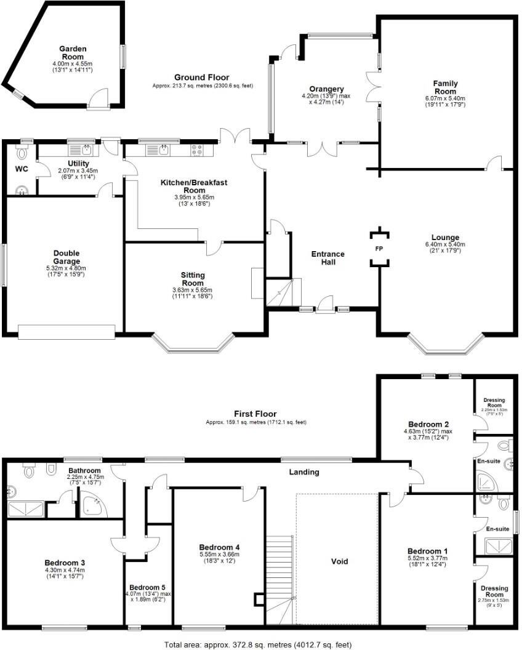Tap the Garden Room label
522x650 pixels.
(x=72, y=52)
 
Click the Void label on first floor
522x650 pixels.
(x=339, y=561)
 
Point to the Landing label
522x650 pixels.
(x=305, y=472)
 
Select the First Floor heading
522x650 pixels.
(x=255, y=414)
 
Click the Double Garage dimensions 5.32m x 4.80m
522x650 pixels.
(x=66, y=268)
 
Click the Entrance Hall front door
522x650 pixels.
(x=324, y=306)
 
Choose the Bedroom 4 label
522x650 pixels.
(x=219, y=547)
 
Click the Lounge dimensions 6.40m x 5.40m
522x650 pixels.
(x=445, y=244)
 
